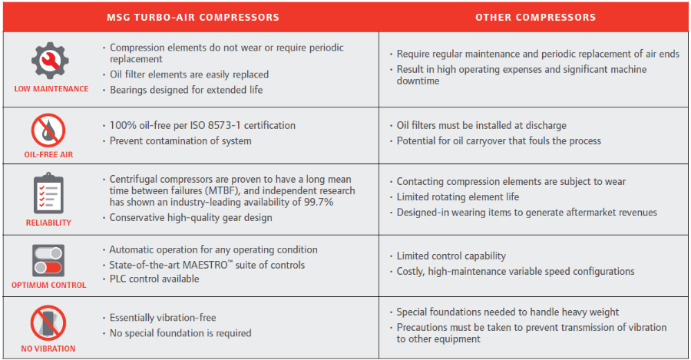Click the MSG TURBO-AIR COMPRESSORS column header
[192, 17]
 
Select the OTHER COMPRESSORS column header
[535, 17]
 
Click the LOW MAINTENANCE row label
[51, 89]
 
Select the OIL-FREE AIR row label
[51, 155]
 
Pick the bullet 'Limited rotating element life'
[458, 197]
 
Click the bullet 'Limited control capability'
[451, 256]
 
